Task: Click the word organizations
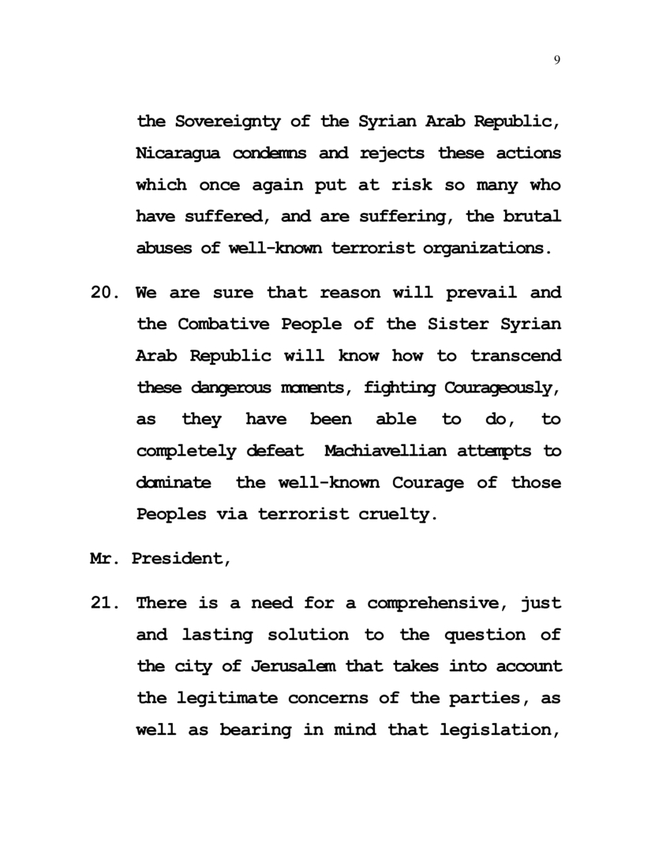484,248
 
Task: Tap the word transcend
516,356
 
